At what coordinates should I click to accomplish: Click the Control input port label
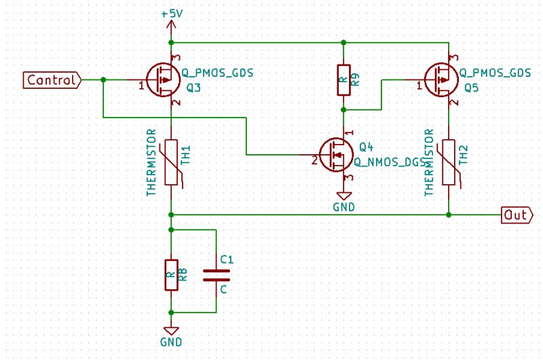(52, 80)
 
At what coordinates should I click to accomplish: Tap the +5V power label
(171, 14)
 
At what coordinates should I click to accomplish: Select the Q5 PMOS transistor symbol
(442, 80)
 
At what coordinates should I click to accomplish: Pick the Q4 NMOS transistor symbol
(337, 155)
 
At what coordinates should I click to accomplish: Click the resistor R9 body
(343, 80)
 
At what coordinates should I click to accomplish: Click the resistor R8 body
(171, 274)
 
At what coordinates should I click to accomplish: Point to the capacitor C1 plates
(217, 274)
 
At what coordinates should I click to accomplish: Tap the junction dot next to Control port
(103, 80)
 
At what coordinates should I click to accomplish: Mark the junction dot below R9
(343, 109)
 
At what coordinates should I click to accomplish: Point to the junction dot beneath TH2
(449, 215)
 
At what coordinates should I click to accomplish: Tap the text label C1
(227, 259)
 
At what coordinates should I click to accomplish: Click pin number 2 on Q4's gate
(314, 161)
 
